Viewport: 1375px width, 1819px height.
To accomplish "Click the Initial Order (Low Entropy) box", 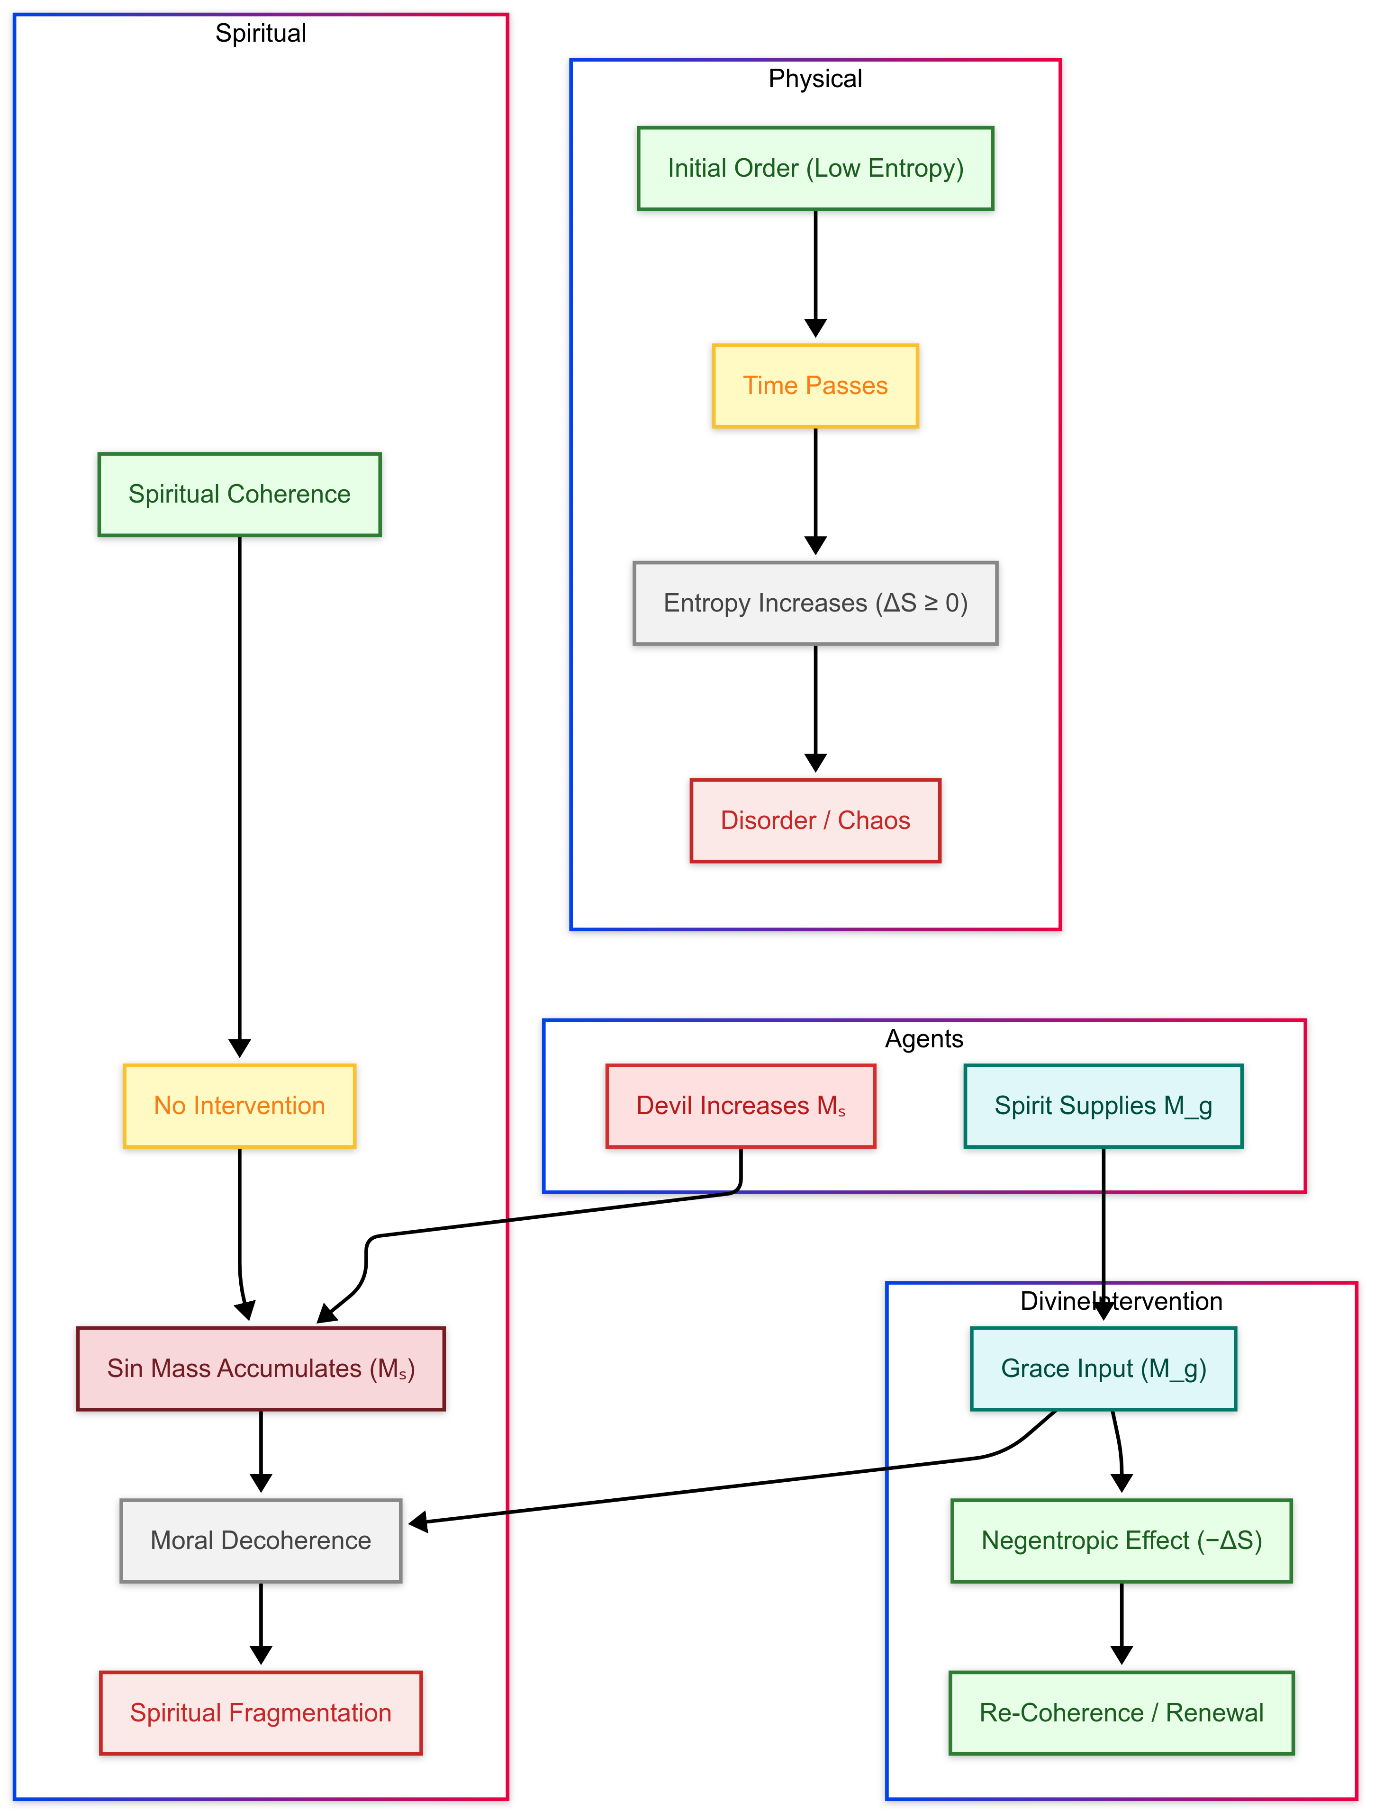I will click(815, 169).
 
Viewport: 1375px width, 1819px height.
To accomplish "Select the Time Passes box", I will click(815, 386).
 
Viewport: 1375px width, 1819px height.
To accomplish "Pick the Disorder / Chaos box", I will click(815, 821).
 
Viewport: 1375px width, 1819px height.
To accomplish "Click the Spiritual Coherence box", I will click(239, 494).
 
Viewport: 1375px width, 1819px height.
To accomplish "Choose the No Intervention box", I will click(239, 1106).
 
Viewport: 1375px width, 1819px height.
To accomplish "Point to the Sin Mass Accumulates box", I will click(261, 1369).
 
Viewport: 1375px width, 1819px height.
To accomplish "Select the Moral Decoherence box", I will click(261, 1541).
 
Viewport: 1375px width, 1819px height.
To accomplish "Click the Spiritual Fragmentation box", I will click(261, 1713).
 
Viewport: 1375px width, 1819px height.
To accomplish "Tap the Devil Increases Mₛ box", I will click(740, 1106).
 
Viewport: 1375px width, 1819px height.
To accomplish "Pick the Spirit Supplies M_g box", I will click(1103, 1106).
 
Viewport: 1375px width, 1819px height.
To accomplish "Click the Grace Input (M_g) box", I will click(1103, 1369).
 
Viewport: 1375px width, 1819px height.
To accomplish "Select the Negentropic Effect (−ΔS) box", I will click(1121, 1541).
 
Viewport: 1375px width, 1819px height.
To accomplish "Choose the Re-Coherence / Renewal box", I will click(1121, 1713).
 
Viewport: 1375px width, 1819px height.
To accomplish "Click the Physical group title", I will click(815, 79).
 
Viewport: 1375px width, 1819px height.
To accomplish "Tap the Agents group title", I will click(923, 1039).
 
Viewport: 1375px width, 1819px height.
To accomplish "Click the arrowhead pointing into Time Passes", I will click(815, 328).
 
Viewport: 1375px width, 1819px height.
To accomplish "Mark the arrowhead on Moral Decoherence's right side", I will click(418, 1523).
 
